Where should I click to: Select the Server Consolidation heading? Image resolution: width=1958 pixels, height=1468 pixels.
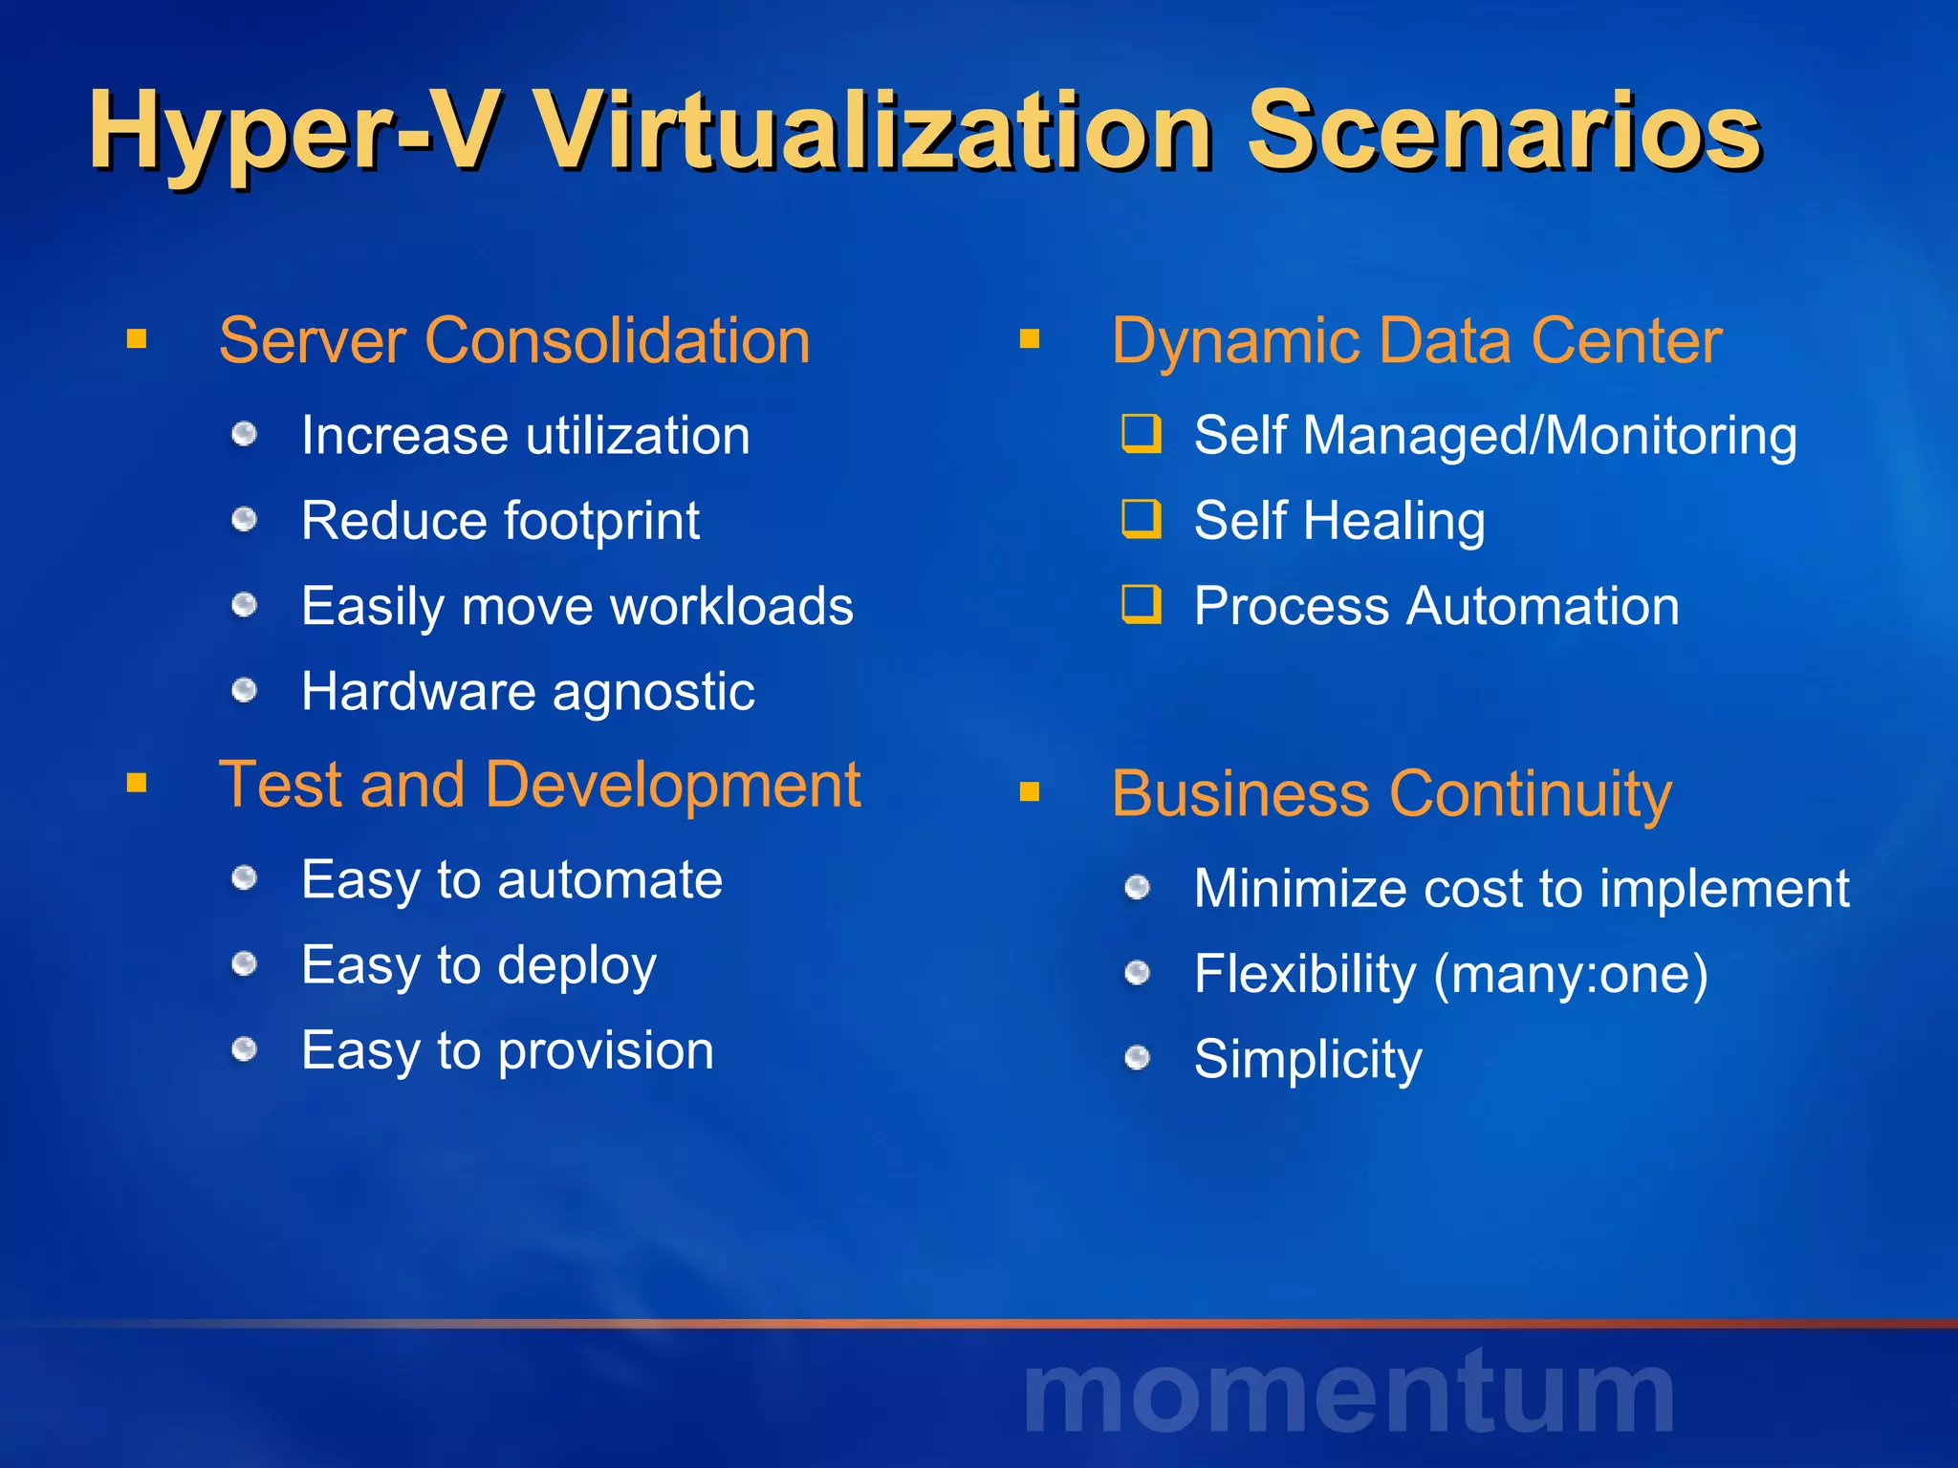[514, 340]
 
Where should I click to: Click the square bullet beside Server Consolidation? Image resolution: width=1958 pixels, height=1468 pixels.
[137, 339]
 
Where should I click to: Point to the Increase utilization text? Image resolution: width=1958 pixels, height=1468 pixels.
[526, 436]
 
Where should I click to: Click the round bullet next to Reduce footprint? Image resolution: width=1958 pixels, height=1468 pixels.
[245, 520]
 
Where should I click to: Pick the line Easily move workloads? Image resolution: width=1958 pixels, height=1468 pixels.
[577, 606]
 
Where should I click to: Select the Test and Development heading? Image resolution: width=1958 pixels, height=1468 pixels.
[539, 785]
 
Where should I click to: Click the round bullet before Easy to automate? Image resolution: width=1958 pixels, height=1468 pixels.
[245, 877]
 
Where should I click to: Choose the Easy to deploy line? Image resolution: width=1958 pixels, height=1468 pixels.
[479, 965]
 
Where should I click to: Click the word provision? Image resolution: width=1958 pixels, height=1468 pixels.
[606, 1051]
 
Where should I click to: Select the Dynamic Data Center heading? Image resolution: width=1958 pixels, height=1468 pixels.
[1416, 340]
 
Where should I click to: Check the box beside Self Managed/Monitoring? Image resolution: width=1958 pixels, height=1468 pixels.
[1142, 434]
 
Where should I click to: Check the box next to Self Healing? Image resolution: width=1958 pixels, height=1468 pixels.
[1142, 519]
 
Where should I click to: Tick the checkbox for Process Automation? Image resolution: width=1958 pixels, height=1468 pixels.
[1142, 605]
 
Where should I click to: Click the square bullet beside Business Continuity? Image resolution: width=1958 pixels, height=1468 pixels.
[1030, 792]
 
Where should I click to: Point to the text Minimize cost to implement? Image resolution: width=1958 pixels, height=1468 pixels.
[1521, 888]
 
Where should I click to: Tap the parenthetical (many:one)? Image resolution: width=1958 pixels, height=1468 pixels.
[1571, 975]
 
